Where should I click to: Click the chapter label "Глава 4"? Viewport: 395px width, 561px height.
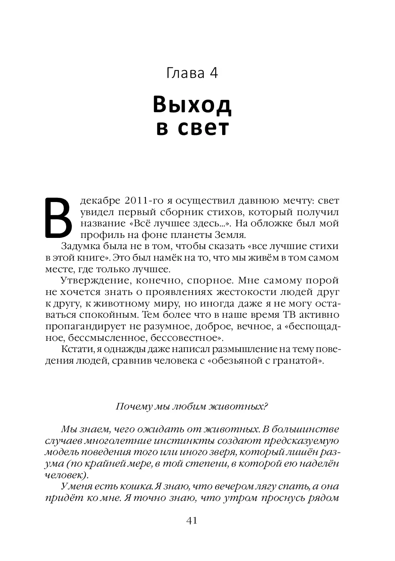(192, 72)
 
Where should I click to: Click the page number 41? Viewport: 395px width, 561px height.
(192, 521)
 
